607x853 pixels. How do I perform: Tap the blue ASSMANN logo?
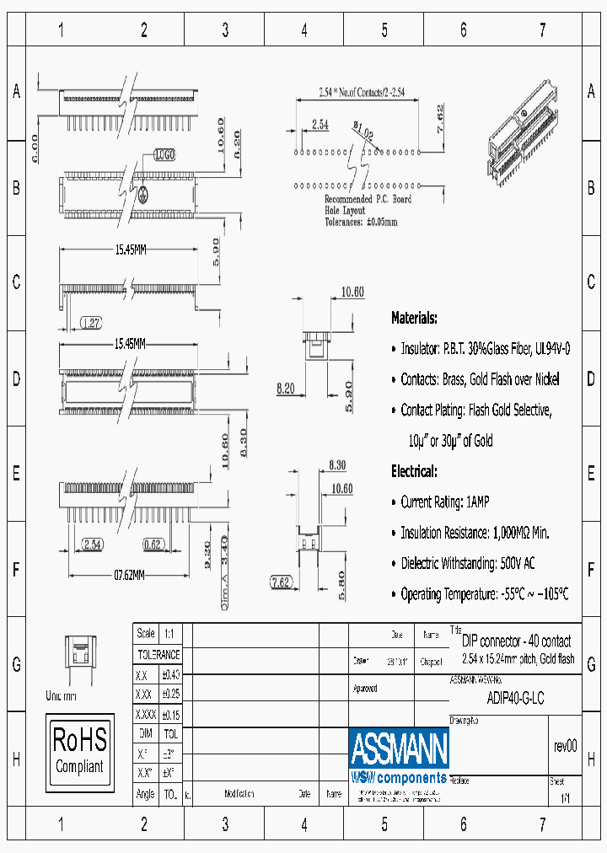tap(399, 746)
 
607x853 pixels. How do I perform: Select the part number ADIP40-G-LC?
tap(515, 698)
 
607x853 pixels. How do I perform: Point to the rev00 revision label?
tap(565, 746)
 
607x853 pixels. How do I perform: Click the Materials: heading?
tap(414, 318)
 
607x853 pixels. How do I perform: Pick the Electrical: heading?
tap(414, 471)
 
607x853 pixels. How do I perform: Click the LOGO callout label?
tap(164, 155)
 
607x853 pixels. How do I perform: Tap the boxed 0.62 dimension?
tap(153, 545)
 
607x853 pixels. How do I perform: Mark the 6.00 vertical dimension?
tap(35, 148)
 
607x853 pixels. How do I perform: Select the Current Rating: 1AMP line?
tap(444, 502)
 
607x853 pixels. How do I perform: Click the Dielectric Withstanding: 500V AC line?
tap(468, 563)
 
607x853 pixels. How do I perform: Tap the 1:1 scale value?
tap(169, 634)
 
